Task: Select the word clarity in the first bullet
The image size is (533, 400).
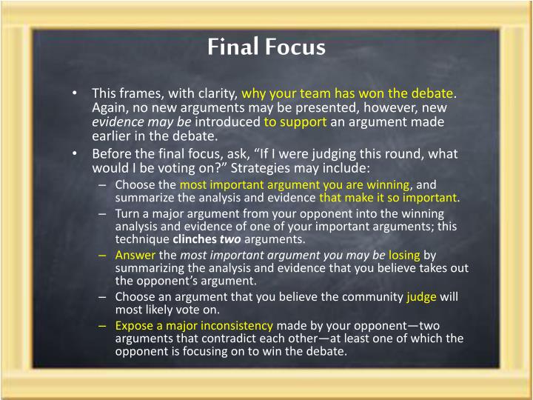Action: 215,93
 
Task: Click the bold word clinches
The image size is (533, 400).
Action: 195,239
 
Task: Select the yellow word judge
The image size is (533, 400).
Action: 422,296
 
